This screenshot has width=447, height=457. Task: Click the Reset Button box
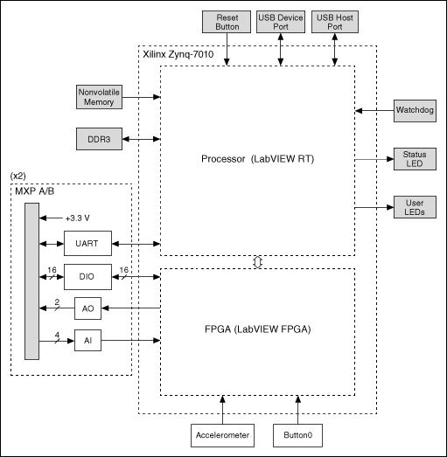click(x=227, y=23)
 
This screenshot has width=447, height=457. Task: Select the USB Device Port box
click(x=281, y=23)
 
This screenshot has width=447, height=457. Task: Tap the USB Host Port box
click(x=335, y=23)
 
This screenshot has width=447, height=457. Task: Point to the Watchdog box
click(x=415, y=111)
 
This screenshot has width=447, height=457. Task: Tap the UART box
click(x=87, y=244)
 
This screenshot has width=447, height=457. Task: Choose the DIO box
click(x=87, y=278)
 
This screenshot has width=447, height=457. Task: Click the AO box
click(x=87, y=309)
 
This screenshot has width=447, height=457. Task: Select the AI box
click(x=87, y=340)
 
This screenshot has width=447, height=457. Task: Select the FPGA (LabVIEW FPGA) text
click(x=256, y=332)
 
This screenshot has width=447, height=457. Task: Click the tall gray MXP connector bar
click(x=31, y=280)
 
